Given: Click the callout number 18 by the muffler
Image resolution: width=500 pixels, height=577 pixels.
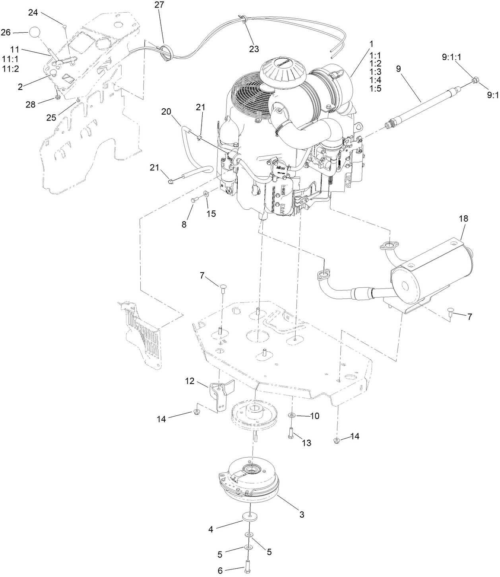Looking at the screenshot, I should coord(463,218).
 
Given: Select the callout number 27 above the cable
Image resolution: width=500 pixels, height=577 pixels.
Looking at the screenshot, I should coord(159,5).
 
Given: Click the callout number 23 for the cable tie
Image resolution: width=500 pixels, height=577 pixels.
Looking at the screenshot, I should coord(254,49).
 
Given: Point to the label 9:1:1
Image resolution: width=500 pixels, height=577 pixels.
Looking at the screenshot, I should coord(452,57).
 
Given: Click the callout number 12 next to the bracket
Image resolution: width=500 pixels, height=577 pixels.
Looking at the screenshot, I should coord(190,381).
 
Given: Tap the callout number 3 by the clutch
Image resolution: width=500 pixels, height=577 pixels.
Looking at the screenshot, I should coord(302,515).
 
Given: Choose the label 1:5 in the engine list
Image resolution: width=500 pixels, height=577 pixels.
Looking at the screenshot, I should coord(375,88).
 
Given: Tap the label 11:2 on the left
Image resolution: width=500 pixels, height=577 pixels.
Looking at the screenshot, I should coord(11,68).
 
